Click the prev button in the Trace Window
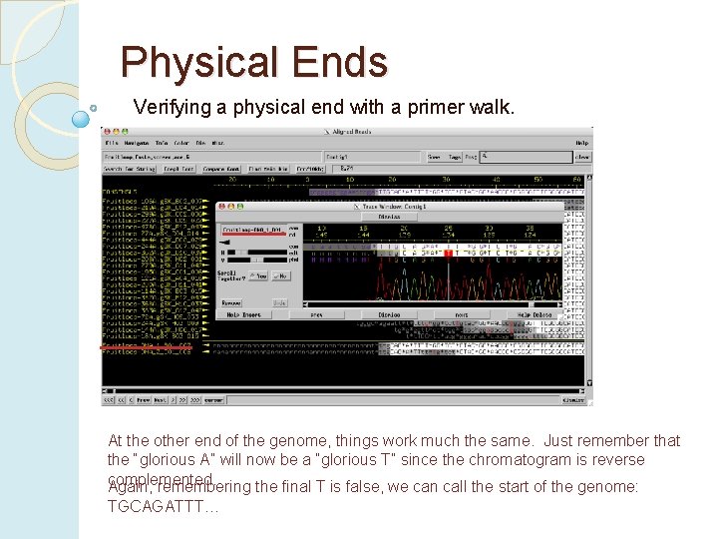tap(316, 314)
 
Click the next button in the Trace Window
tap(461, 314)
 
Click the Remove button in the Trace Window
tap(231, 301)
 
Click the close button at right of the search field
tap(581, 157)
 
